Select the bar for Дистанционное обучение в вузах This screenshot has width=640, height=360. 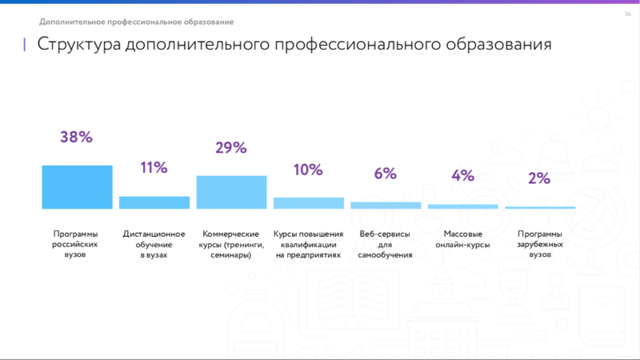point(154,202)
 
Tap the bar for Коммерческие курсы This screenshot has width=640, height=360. point(231,192)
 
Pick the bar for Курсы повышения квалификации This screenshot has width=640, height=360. point(309,203)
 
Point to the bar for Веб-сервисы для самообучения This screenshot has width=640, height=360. point(386,206)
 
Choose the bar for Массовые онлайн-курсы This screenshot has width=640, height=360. point(463,206)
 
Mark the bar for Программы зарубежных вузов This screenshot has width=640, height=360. point(540,208)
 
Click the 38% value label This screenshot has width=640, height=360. point(77,137)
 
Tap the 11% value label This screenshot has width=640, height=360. point(154,168)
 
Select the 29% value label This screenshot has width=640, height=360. point(231,147)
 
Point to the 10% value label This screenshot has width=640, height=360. point(308,170)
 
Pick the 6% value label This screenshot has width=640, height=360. point(386,174)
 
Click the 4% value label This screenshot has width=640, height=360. point(462,176)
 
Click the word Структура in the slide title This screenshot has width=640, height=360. point(79,44)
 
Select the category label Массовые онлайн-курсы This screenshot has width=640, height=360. point(463,239)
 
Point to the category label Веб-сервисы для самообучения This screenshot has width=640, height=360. point(386,244)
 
